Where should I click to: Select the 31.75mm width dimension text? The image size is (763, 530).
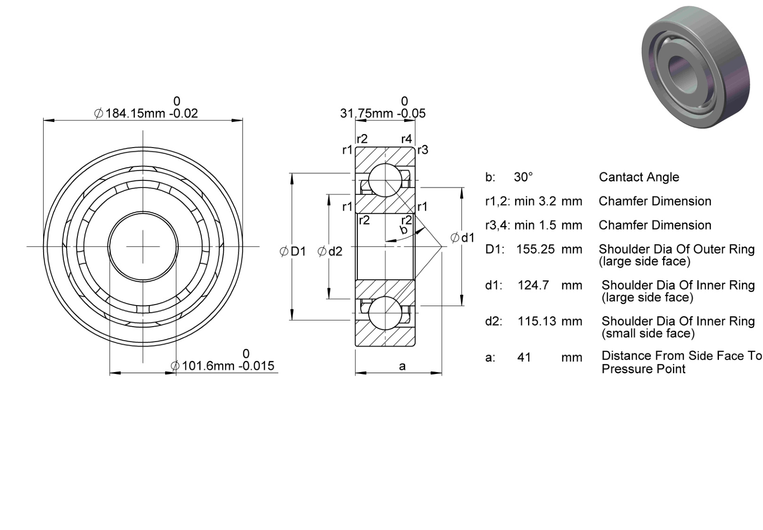tap(383, 113)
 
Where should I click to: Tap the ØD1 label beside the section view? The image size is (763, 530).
tap(293, 252)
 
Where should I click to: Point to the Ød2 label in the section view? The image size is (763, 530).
tap(330, 252)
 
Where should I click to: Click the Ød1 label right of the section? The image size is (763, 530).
tap(462, 238)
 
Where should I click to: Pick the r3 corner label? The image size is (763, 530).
tap(423, 150)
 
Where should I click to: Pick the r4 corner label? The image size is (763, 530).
tap(407, 139)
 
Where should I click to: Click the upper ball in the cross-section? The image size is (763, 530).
tap(385, 180)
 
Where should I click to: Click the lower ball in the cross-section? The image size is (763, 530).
tap(385, 313)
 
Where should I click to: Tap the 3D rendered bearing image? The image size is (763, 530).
tap(695, 67)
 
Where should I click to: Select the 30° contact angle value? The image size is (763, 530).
tap(523, 177)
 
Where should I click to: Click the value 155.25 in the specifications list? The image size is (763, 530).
tap(536, 249)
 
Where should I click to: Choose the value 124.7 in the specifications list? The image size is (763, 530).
tap(533, 285)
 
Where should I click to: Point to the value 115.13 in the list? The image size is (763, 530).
tap(537, 321)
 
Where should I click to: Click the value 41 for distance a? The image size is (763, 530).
tap(524, 358)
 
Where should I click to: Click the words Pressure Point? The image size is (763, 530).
tap(643, 369)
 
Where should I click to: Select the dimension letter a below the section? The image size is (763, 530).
tap(402, 366)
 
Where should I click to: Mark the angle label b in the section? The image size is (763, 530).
tap(404, 230)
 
